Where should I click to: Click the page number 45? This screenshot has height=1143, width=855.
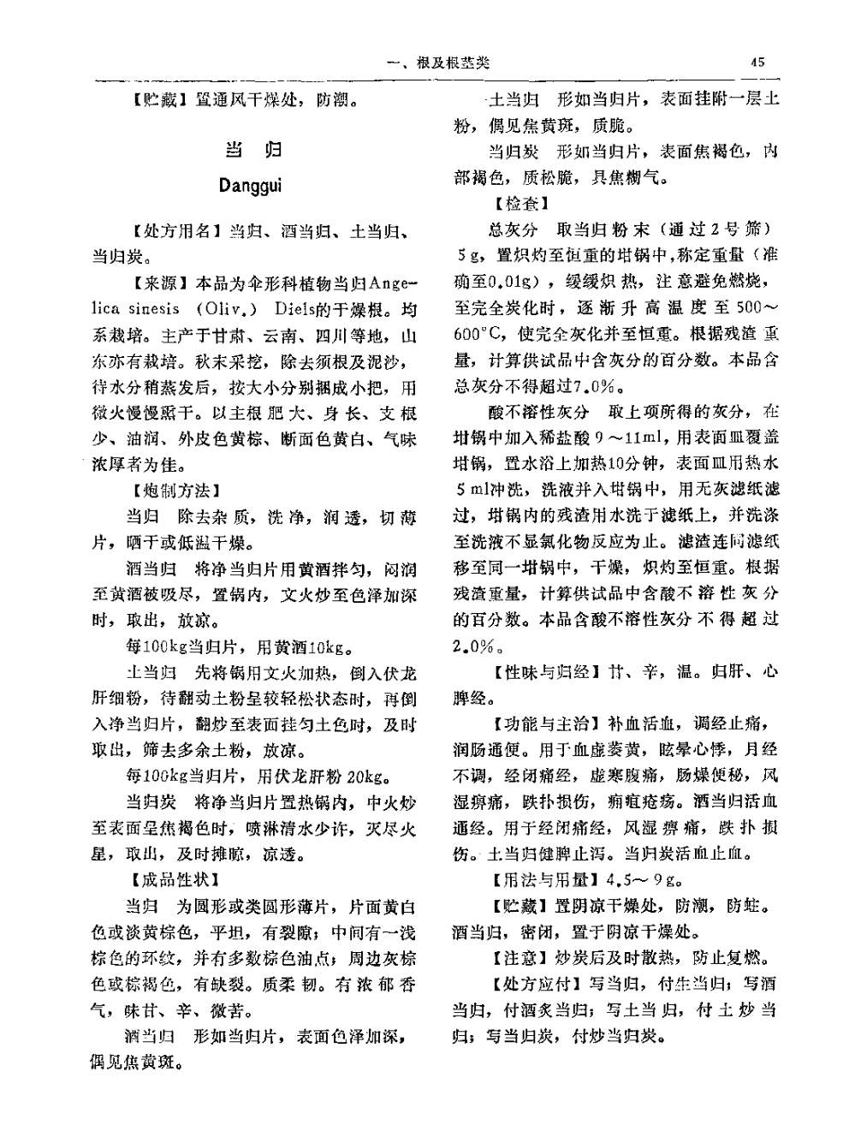(757, 62)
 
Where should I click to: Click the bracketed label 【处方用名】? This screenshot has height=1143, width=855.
(175, 232)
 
